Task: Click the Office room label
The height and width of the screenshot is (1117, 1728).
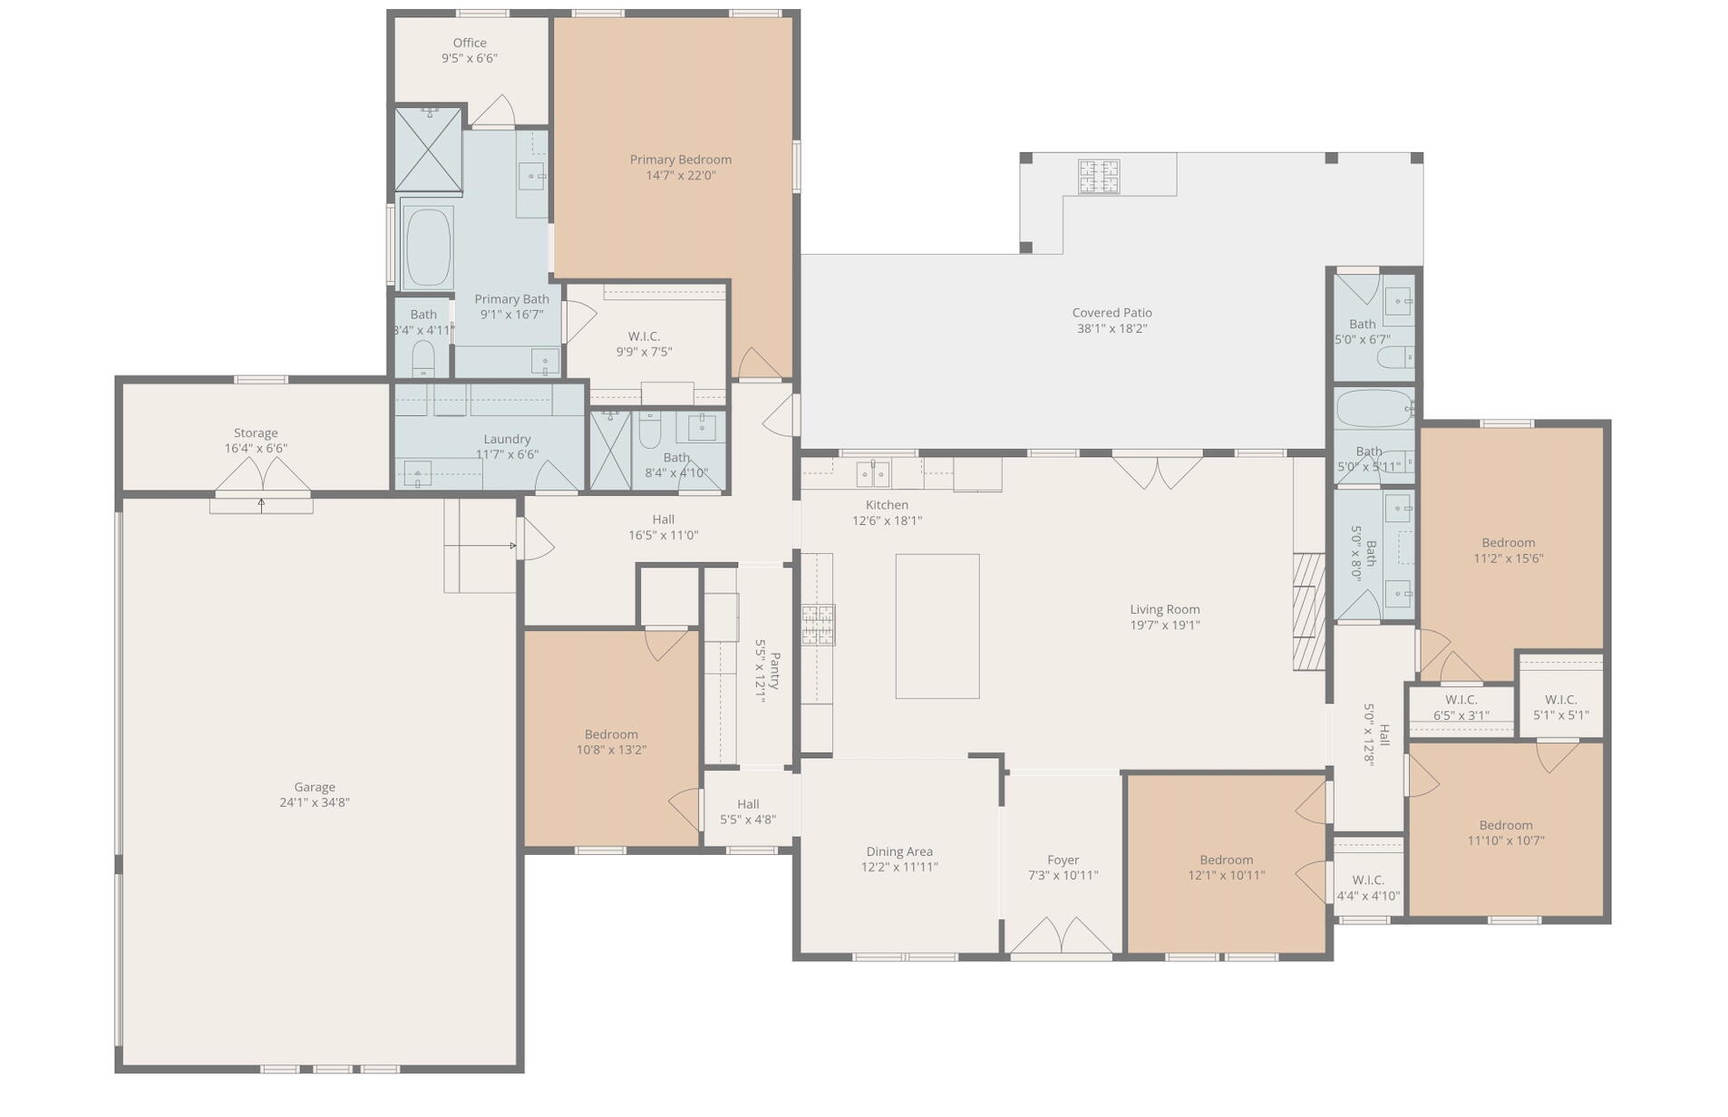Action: pyautogui.click(x=469, y=43)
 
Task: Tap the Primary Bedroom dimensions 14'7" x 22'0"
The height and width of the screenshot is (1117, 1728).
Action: pyautogui.click(x=680, y=176)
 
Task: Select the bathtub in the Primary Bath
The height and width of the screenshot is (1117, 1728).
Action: pyautogui.click(x=428, y=248)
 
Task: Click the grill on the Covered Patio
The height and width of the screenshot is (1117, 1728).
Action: pyautogui.click(x=1098, y=176)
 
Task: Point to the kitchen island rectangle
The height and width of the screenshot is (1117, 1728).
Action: pyautogui.click(x=937, y=626)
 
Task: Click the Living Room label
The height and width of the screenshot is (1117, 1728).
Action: pyautogui.click(x=1164, y=609)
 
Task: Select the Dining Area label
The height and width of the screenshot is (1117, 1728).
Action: pyautogui.click(x=898, y=851)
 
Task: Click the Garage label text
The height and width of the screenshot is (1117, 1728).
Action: pyautogui.click(x=314, y=787)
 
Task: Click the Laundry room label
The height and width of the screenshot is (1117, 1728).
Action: pyautogui.click(x=506, y=439)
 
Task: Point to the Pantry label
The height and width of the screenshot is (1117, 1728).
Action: pyautogui.click(x=773, y=671)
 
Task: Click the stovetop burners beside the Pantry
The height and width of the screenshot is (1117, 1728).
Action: pyautogui.click(x=817, y=626)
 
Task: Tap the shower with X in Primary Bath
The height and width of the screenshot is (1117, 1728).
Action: pyautogui.click(x=429, y=150)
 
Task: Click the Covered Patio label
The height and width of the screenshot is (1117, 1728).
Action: pyautogui.click(x=1112, y=313)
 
